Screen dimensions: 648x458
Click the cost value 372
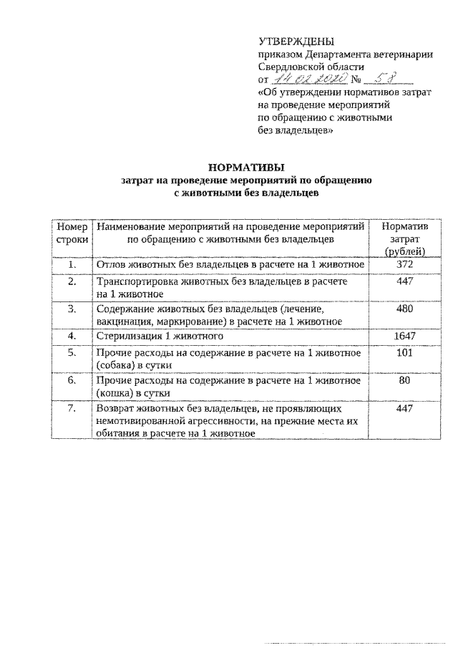405,265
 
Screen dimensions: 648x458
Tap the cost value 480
405,309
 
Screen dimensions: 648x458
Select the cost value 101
405,352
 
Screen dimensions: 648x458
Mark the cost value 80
405,381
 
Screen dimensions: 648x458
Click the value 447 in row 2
405,282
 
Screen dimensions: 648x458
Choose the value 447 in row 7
405,408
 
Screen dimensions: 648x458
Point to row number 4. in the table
71,335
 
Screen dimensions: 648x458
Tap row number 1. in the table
71,265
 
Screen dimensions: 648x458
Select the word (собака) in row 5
117,365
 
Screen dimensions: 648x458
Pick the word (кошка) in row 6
114,393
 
